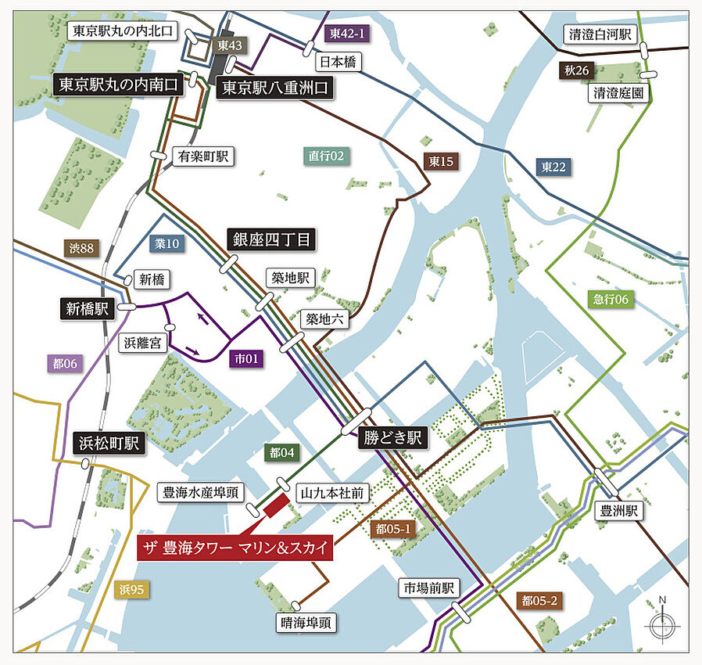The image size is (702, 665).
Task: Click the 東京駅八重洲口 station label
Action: click(x=275, y=88)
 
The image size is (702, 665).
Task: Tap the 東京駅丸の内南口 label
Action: click(x=119, y=84)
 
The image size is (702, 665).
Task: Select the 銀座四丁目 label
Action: click(x=271, y=240)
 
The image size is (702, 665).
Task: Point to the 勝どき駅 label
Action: click(x=393, y=438)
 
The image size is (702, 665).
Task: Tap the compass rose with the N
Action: click(x=662, y=623)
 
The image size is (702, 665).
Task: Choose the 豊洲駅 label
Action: click(x=619, y=512)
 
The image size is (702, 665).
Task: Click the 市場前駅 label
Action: click(x=429, y=588)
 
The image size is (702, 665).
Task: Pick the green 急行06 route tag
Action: click(x=610, y=299)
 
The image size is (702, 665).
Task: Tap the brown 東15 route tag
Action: click(x=442, y=161)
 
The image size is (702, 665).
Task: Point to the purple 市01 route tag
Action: click(x=247, y=358)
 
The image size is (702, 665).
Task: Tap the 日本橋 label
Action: click(x=337, y=61)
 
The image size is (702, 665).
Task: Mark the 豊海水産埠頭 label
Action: click(x=201, y=492)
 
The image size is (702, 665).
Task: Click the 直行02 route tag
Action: click(x=326, y=156)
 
